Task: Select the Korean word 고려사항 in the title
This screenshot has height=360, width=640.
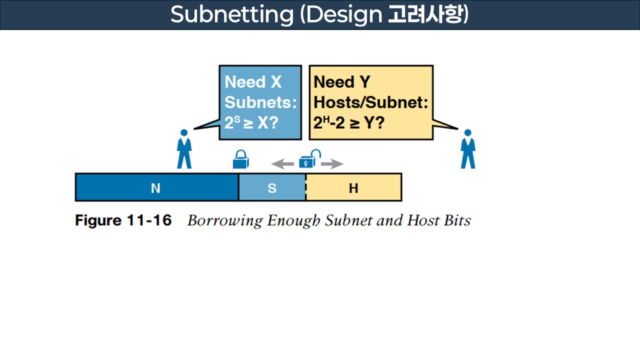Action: click(x=427, y=15)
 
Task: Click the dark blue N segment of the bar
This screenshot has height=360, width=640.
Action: click(x=156, y=187)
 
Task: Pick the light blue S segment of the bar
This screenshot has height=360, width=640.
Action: click(x=272, y=187)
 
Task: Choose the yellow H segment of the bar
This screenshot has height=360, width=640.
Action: click(x=353, y=187)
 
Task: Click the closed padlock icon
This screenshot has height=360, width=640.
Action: click(x=241, y=160)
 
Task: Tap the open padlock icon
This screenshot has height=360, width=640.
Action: click(x=307, y=159)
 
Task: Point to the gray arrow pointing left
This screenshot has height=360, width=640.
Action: click(x=282, y=163)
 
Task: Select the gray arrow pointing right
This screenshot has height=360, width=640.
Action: click(x=332, y=163)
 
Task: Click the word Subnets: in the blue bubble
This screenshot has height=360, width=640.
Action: click(x=260, y=102)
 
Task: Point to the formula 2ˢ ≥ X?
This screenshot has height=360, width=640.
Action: click(x=251, y=123)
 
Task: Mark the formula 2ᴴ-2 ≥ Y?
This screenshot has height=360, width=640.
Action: click(x=349, y=123)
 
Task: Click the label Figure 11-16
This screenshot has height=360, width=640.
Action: click(x=123, y=220)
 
